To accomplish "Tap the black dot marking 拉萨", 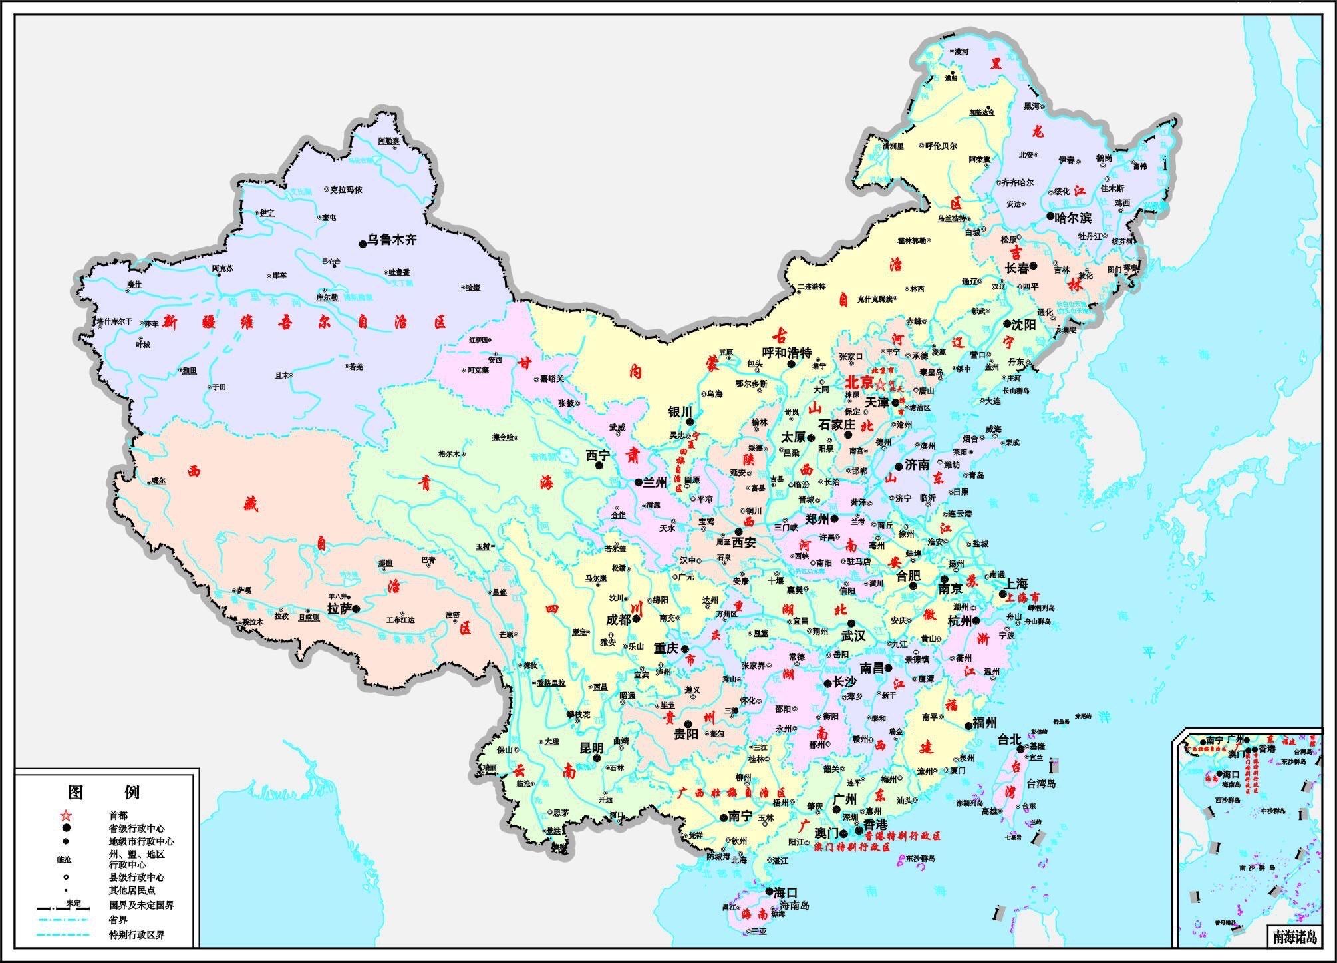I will click(357, 608).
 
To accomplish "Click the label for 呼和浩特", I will click(787, 353).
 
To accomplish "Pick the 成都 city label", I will click(618, 619).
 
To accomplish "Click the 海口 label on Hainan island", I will click(786, 892).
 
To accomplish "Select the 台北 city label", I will click(1008, 739).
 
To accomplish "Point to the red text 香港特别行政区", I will click(903, 836).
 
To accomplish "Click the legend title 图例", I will click(104, 792).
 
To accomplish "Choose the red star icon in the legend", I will click(65, 815).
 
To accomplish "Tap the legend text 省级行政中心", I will click(137, 829).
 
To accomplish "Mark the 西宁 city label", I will click(597, 456).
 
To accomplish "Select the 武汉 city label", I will click(853, 636).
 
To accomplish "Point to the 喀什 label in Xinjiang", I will click(134, 284).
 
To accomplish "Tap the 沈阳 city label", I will click(1023, 325).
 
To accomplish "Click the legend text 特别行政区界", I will click(137, 935).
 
